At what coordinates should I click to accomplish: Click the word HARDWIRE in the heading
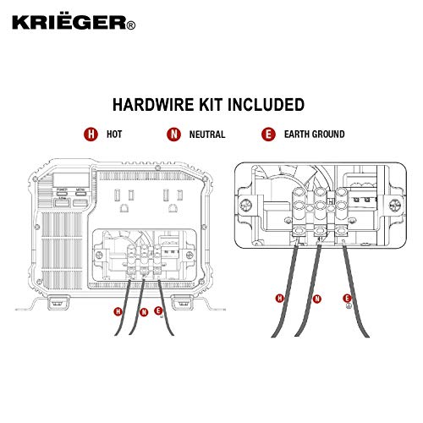tap(151, 105)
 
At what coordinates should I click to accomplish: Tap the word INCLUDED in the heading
tap(266, 105)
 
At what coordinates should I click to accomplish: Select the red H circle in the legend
tap(89, 135)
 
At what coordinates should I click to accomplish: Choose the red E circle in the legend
tap(268, 135)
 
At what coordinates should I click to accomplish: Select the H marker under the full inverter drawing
tap(117, 311)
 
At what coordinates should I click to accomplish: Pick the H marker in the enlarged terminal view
tap(278, 297)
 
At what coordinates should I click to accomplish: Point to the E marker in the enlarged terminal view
tap(347, 297)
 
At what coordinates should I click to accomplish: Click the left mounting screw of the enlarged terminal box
tap(245, 206)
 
